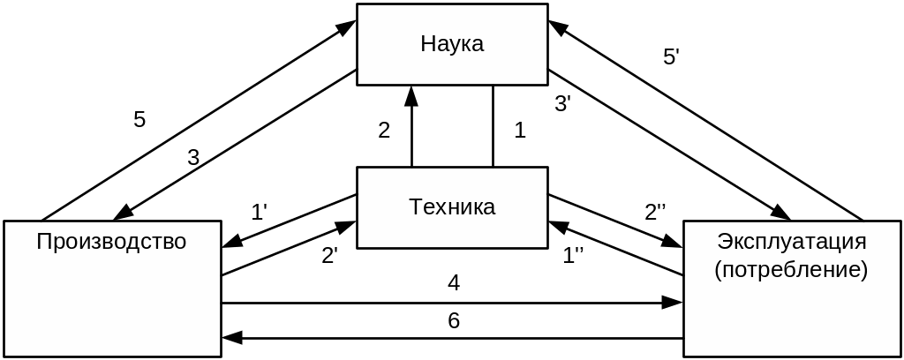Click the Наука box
[451, 44]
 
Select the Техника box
[451, 207]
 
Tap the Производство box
[111, 288]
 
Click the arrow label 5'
[671, 57]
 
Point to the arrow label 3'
[562, 103]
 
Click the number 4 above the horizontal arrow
[453, 283]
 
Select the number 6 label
[453, 320]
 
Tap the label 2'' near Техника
[655, 212]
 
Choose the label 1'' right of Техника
[574, 256]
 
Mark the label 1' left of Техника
[259, 212]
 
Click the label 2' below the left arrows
[329, 256]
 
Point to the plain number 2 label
[384, 131]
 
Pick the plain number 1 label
[519, 131]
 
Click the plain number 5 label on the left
[139, 119]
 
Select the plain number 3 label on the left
[193, 158]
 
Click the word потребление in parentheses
[791, 269]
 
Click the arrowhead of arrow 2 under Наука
[411, 93]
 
